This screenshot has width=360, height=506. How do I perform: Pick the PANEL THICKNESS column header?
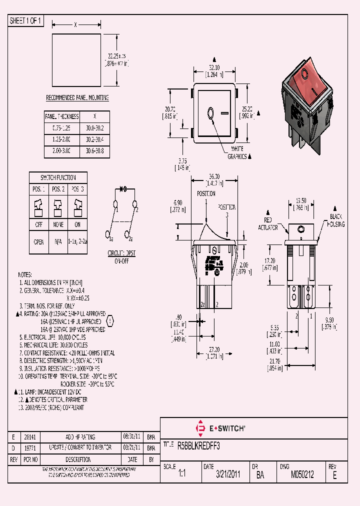[62, 116]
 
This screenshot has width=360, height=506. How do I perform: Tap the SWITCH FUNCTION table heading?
[58, 177]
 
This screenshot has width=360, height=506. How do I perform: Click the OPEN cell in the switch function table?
[38, 241]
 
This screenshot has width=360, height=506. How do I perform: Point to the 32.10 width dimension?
[214, 67]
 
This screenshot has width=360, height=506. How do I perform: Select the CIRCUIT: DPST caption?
[122, 253]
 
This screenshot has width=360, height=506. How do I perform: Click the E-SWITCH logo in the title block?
[219, 428]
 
